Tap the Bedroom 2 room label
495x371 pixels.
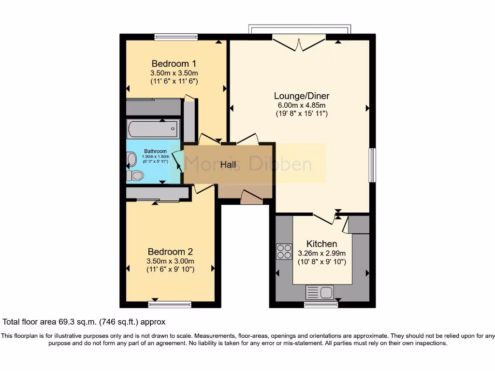(170, 252)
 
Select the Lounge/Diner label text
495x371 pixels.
(301, 96)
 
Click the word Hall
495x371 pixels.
(228, 165)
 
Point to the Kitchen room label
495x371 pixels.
(321, 243)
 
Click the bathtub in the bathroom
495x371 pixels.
(153, 129)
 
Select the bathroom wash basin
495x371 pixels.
(131, 158)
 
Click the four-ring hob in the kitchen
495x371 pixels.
(284, 252)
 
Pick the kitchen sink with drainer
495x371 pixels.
(320, 292)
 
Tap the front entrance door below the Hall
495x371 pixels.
(251, 197)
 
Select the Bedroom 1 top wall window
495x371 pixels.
(176, 37)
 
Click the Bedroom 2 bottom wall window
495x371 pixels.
(170, 304)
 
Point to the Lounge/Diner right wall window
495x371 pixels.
(372, 165)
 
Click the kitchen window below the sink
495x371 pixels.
(320, 304)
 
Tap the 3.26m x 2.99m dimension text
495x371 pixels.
(321, 253)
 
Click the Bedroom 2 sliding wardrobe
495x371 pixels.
(158, 194)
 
